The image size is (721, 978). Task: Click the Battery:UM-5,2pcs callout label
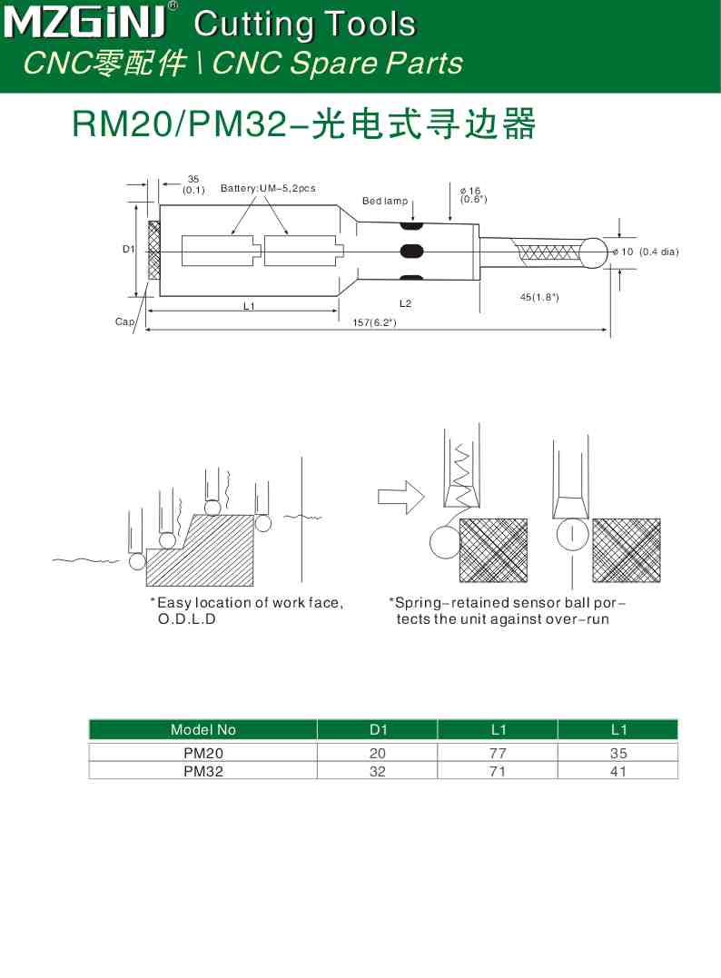coord(268,188)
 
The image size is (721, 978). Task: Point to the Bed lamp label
coord(385,201)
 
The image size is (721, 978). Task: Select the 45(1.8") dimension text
coord(538,297)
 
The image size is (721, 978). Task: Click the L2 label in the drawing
coord(405,302)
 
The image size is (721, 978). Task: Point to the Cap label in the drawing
coord(124,321)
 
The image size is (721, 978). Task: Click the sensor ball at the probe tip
coord(594,252)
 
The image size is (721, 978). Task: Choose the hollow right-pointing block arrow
coord(400,496)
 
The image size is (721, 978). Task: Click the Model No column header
coord(202,729)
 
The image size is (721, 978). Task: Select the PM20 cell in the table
coord(202,753)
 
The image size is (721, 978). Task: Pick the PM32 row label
coord(202,771)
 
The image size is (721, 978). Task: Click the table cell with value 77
coord(497,753)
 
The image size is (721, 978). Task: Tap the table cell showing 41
coord(617,771)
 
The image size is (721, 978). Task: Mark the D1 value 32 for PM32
coord(377,771)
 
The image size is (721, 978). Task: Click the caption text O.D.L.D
coord(187,619)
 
